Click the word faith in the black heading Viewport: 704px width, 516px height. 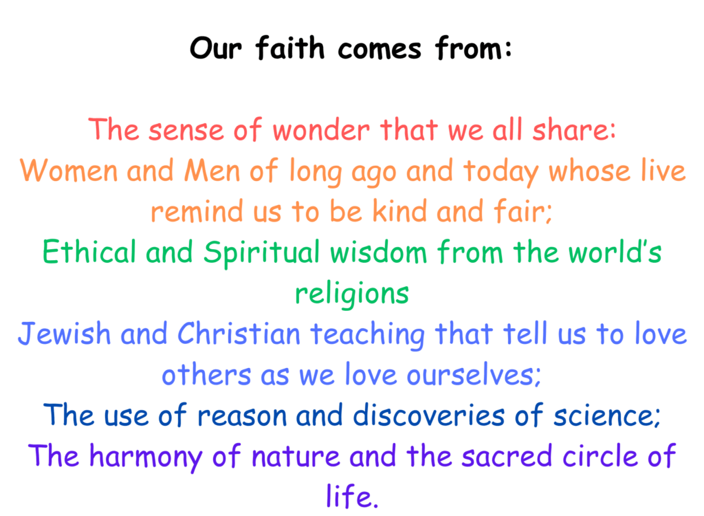(289, 47)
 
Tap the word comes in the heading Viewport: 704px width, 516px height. (379, 50)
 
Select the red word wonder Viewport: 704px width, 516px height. (321, 130)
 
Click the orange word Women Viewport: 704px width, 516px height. (68, 171)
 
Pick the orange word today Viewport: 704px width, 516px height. (500, 173)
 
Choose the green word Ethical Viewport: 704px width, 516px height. (89, 252)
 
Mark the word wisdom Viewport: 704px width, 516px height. (379, 252)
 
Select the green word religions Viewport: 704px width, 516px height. (351, 294)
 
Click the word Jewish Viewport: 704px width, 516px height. (64, 334)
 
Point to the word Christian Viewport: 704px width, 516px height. (239, 334)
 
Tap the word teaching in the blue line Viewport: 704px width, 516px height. (367, 335)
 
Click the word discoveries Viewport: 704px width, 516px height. (429, 416)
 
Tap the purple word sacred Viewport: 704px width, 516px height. (507, 455)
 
